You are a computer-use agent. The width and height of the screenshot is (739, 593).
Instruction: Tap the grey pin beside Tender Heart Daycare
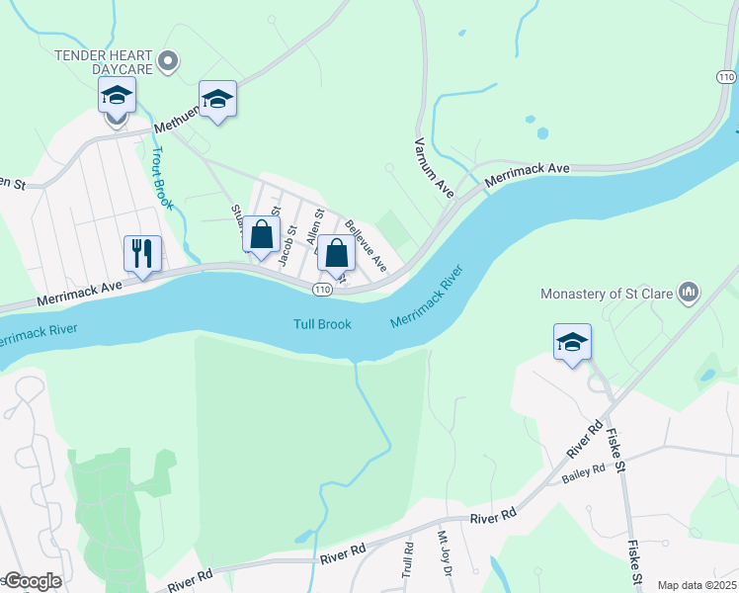click(x=168, y=62)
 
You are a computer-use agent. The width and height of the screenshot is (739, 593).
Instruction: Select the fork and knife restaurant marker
click(x=142, y=253)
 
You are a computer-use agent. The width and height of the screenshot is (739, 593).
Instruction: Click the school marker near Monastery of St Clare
click(x=572, y=342)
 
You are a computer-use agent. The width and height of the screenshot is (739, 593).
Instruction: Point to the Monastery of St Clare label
click(x=607, y=293)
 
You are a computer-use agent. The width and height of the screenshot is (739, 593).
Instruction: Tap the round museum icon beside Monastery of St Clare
click(x=689, y=292)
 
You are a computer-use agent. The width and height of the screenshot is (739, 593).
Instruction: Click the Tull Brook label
click(x=322, y=324)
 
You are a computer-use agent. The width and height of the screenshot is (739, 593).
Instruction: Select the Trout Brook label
click(x=162, y=179)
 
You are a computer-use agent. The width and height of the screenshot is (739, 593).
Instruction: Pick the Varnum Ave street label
click(x=434, y=167)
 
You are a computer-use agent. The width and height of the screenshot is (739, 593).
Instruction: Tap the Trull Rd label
click(x=407, y=559)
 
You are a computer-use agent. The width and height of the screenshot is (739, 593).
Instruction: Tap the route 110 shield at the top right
click(x=725, y=76)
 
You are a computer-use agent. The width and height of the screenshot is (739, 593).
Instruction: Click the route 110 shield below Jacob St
click(x=322, y=289)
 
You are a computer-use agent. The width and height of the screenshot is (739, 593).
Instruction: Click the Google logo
click(x=32, y=581)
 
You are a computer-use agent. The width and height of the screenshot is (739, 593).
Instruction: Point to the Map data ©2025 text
click(x=696, y=585)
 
